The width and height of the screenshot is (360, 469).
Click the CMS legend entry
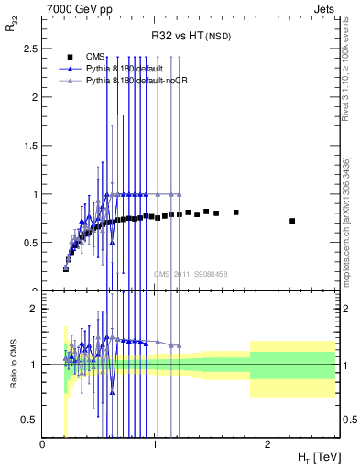click(94, 56)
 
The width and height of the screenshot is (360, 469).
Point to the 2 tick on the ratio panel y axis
click(35, 309)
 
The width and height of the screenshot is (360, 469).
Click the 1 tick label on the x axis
click(155, 444)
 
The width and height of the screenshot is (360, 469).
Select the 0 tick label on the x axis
click(43, 444)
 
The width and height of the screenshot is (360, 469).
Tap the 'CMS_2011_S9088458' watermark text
click(190, 274)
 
